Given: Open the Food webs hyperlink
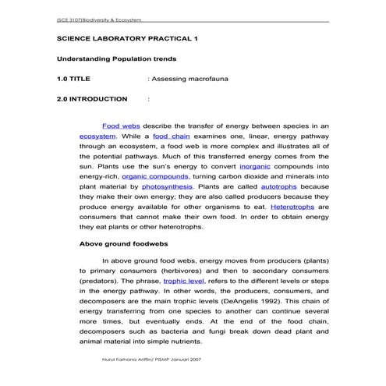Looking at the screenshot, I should pyautogui.click(x=121, y=125).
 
